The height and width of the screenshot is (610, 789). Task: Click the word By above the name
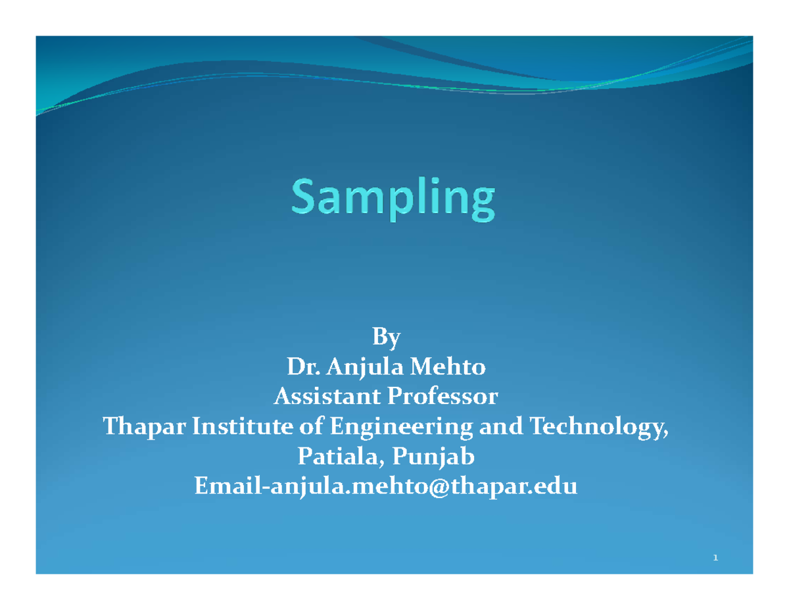[386, 338]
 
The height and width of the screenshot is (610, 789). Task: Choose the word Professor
[442, 397]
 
